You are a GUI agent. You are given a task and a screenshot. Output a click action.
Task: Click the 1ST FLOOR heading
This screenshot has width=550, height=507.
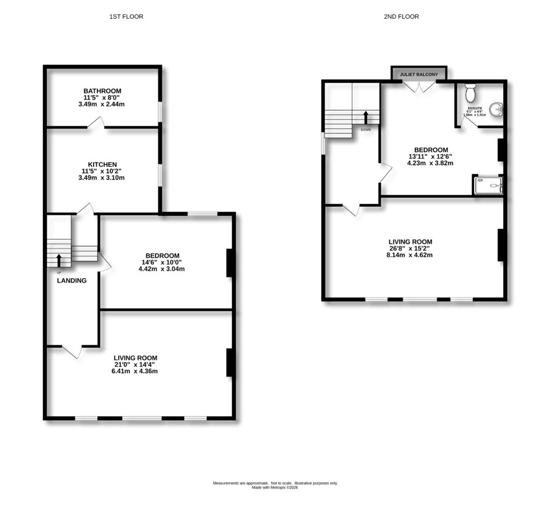pyautogui.click(x=126, y=17)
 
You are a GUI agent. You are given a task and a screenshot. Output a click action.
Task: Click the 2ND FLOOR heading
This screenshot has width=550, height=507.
pyautogui.click(x=401, y=17)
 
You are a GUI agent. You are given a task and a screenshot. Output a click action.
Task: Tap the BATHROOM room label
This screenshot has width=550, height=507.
pyautogui.click(x=102, y=91)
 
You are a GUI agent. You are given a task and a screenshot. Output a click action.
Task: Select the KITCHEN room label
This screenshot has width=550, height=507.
pyautogui.click(x=102, y=164)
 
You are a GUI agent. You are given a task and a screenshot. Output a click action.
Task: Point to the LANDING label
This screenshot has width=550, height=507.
pyautogui.click(x=72, y=280)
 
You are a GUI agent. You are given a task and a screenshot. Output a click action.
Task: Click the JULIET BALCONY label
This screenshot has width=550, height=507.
pyautogui.click(x=419, y=74)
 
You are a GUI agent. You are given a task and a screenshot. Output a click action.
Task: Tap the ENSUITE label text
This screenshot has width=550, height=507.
pyautogui.click(x=474, y=108)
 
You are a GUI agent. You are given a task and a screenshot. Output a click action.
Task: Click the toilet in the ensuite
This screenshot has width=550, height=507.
pyautogui.click(x=471, y=93)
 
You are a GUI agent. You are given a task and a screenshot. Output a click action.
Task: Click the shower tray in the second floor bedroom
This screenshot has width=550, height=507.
pyautogui.click(x=488, y=185)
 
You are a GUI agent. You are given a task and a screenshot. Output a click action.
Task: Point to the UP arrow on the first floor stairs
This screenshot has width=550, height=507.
pyautogui.click(x=59, y=260)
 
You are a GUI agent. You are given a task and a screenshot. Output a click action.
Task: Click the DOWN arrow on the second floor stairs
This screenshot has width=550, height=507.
pyautogui.click(x=366, y=117)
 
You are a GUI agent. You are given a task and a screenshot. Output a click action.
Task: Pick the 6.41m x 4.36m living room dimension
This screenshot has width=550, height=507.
pyautogui.click(x=135, y=371)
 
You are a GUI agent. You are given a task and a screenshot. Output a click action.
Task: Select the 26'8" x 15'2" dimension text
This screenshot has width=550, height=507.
pyautogui.click(x=411, y=249)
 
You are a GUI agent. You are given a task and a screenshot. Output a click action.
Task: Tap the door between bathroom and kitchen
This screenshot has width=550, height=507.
pyautogui.click(x=96, y=124)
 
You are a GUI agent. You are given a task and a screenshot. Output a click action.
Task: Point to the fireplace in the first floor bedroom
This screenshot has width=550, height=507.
pyautogui.click(x=230, y=263)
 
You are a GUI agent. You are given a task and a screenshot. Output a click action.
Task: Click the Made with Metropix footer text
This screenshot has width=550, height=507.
pyautogui.click(x=275, y=488)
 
